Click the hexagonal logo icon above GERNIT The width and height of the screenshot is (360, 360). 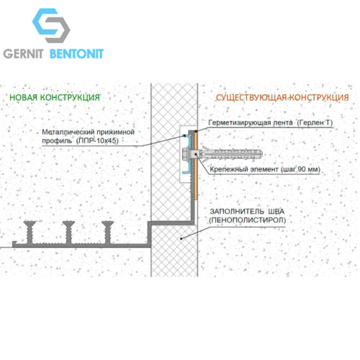(x=51, y=25)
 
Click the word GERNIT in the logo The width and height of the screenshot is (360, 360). (x=23, y=54)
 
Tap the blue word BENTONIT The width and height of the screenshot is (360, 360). (x=76, y=54)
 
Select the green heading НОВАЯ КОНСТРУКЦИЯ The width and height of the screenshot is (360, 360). (x=55, y=97)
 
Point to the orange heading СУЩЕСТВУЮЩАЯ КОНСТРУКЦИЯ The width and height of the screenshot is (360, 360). (x=282, y=97)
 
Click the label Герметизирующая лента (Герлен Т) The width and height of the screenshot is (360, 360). (x=271, y=123)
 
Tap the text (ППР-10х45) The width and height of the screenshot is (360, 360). (x=97, y=140)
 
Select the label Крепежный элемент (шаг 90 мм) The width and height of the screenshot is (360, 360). (x=265, y=169)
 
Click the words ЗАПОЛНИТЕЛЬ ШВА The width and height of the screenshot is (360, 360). (x=247, y=212)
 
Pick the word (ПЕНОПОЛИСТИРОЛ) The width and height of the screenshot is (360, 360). (x=247, y=220)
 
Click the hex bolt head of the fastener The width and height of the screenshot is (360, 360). (x=186, y=154)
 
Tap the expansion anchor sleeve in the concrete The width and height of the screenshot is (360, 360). (x=230, y=154)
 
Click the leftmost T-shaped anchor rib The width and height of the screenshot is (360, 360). (x=30, y=232)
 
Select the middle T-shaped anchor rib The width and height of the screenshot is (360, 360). (x=69, y=232)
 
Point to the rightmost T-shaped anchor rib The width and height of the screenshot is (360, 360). (x=108, y=232)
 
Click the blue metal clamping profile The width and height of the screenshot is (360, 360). (x=189, y=153)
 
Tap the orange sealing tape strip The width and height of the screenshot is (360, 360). (x=196, y=166)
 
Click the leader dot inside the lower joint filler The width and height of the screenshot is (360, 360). (x=181, y=238)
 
